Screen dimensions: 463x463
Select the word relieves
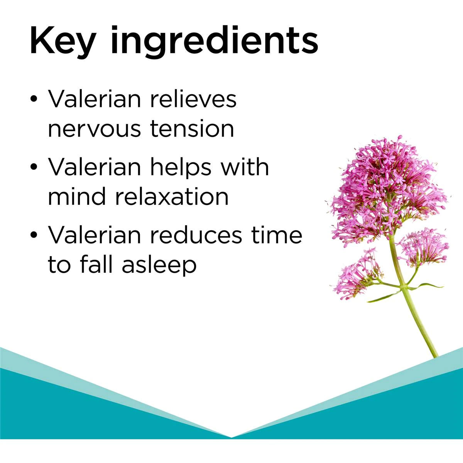(x=193, y=99)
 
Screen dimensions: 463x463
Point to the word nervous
(x=94, y=129)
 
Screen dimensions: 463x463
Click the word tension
(x=192, y=128)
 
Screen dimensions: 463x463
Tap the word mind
(x=77, y=196)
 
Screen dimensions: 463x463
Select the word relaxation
(x=172, y=196)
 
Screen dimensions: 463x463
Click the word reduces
(x=196, y=235)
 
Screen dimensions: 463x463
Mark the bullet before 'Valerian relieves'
(x=34, y=99)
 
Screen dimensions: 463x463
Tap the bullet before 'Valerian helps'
(x=34, y=167)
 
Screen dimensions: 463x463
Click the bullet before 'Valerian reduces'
(x=34, y=235)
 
